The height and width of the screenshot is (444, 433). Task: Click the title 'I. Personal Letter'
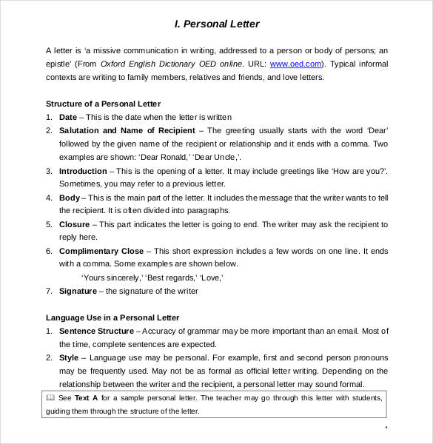coord(217,24)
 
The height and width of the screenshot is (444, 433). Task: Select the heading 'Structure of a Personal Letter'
coord(103,104)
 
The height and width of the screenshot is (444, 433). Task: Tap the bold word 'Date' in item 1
coord(67,117)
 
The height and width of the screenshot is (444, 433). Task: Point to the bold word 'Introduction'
coord(83,170)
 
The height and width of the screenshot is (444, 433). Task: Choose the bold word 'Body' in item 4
coord(69,198)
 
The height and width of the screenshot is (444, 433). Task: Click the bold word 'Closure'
coord(74,223)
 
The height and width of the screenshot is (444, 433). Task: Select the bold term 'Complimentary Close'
coord(101,251)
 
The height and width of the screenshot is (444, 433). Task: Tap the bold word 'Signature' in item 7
coord(78,291)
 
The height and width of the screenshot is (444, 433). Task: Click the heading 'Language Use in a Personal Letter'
coord(113,317)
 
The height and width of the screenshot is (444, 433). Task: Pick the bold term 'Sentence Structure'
coord(96,331)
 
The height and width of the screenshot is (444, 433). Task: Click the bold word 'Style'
coord(68,357)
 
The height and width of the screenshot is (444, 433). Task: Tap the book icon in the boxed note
coord(50,397)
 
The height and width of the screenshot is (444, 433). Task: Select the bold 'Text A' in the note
coord(87,397)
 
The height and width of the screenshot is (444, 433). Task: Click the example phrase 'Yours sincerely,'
coord(111,277)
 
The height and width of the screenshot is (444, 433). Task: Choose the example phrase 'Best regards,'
coord(169,277)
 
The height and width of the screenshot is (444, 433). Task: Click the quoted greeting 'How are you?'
coord(360,170)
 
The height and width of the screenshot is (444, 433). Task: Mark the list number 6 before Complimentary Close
coord(49,251)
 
